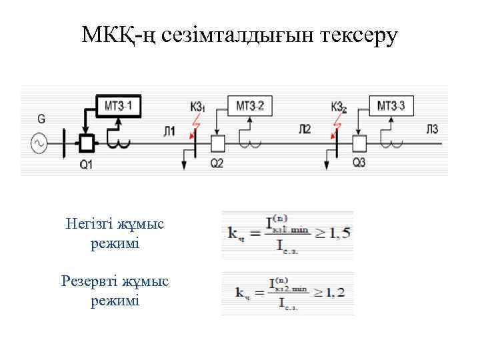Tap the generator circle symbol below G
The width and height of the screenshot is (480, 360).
pos(39,142)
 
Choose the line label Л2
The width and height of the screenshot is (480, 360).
pos(305,129)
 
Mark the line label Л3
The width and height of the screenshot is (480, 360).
pos(433,129)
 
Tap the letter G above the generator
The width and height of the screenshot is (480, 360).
pos(41,119)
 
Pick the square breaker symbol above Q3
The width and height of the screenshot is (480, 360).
pos(359,143)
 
